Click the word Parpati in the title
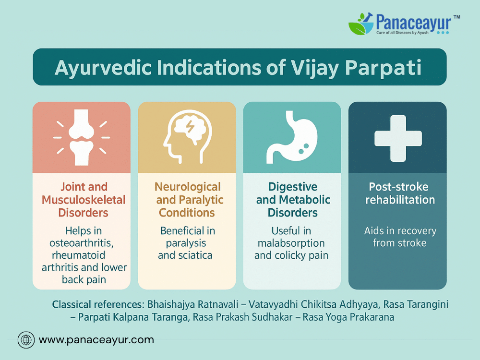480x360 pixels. tap(383, 68)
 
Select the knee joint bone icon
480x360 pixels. tap(82, 137)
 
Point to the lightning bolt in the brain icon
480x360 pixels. tap(190, 126)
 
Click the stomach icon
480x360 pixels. tap(292, 137)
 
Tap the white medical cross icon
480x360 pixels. tap(398, 138)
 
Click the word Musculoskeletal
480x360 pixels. tap(84, 200)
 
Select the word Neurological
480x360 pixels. tap(188, 187)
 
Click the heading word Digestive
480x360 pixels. tap(293, 187)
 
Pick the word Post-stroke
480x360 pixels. tap(398, 187)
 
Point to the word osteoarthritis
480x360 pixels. tap(82, 243)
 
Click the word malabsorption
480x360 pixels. tap(291, 243)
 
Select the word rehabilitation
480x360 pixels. tap(400, 200)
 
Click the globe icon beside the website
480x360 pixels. tap(26, 340)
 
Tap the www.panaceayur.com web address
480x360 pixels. tap(96, 340)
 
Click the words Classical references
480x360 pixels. tap(98, 305)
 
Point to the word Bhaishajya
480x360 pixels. tap(171, 305)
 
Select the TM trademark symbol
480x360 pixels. tap(457, 17)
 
